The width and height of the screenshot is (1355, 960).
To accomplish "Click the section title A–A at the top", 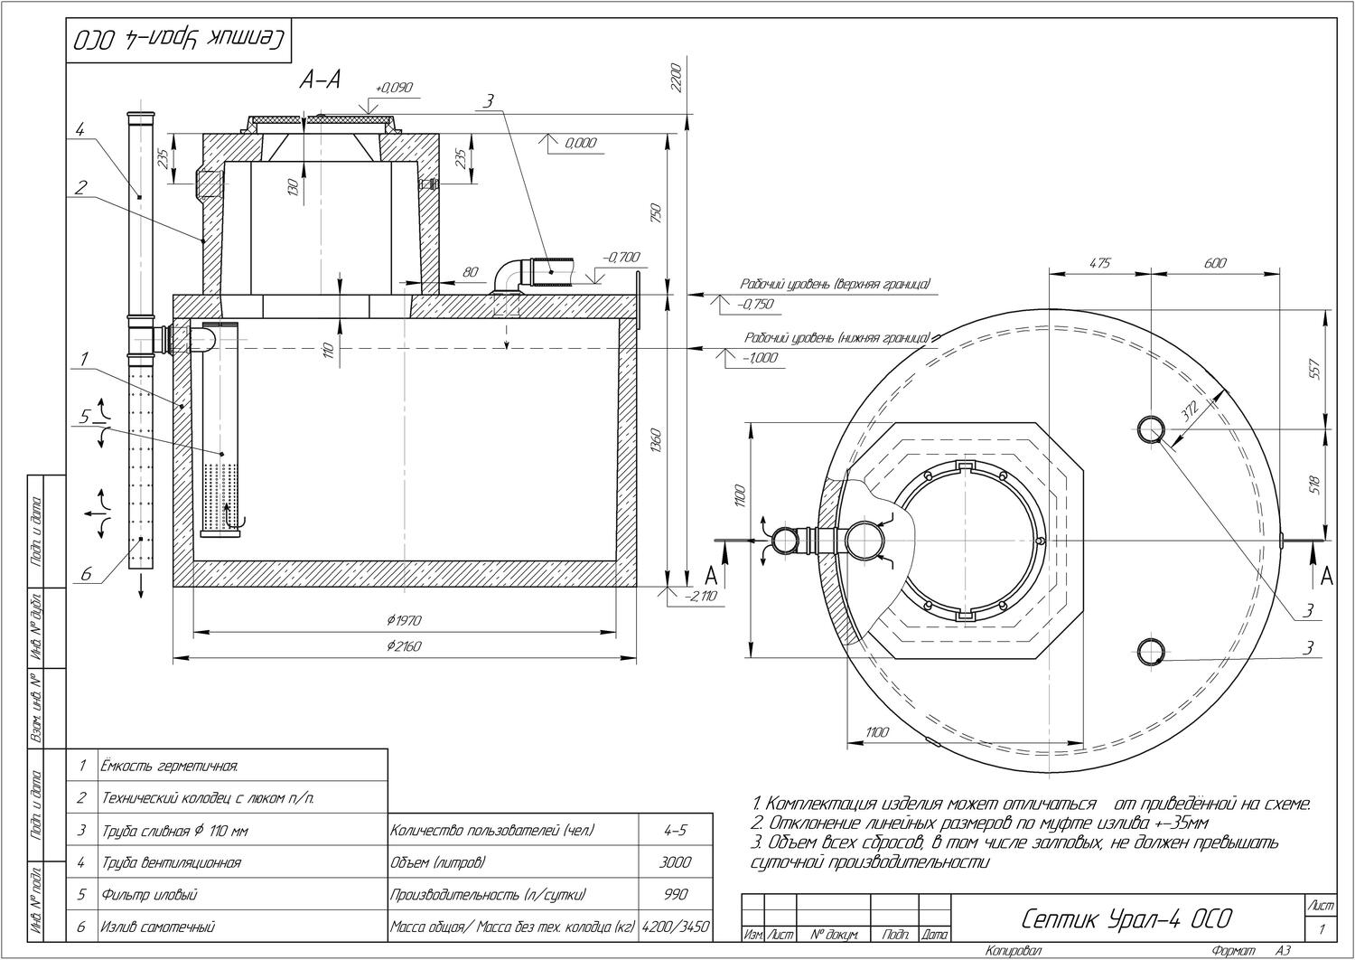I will (320, 80).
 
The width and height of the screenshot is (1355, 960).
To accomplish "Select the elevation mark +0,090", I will (394, 88).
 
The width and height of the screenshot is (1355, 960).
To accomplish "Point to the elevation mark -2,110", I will (701, 596).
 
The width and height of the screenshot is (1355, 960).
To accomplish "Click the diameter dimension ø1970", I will (404, 620).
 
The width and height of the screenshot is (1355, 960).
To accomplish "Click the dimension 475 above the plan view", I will (1099, 263).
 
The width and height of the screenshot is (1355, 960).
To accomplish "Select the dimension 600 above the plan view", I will (1216, 263).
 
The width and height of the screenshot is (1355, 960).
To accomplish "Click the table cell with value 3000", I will (676, 862).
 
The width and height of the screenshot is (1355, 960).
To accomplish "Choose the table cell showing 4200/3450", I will (676, 927).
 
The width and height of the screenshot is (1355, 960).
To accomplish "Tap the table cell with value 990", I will (676, 895).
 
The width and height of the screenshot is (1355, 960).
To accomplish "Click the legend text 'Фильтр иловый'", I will (149, 895).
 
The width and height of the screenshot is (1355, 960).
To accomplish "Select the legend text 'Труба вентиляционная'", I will (171, 862).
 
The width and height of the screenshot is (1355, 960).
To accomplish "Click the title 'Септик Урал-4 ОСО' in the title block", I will (1126, 919).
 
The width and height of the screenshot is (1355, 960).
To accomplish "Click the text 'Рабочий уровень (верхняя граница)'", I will (836, 284).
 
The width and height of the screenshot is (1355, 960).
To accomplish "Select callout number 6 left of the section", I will (86, 573).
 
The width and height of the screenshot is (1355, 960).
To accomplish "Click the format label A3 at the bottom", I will (1284, 951).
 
